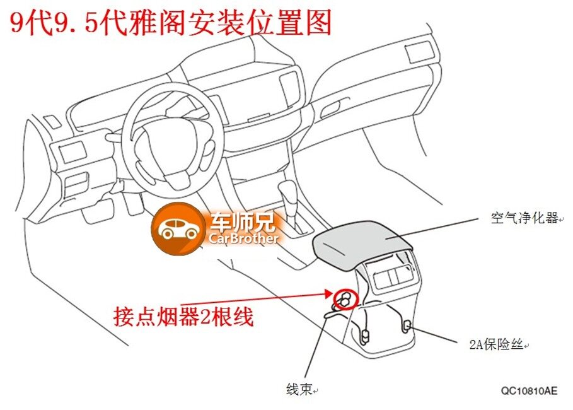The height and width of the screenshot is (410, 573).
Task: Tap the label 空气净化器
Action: [524, 218]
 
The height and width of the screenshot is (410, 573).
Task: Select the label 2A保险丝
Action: [496, 345]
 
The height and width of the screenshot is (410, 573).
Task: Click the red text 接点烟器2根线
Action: [183, 316]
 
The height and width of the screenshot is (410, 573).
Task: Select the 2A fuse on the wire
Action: [407, 325]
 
